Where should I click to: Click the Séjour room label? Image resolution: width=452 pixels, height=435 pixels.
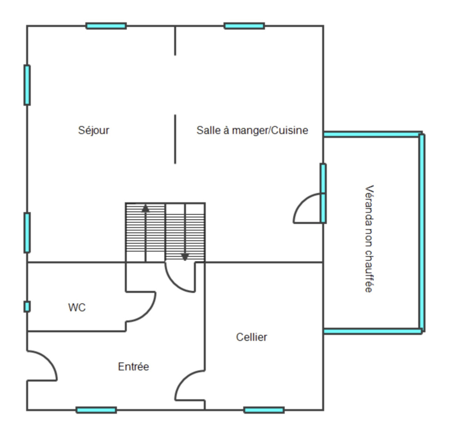pyautogui.click(x=94, y=130)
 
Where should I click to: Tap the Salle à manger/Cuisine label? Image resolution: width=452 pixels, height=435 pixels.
pyautogui.click(x=252, y=130)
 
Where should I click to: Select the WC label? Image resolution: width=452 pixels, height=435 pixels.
pyautogui.click(x=77, y=308)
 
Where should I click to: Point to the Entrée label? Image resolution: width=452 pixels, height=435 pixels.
pyautogui.click(x=133, y=366)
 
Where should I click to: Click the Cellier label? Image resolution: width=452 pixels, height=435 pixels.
pyautogui.click(x=251, y=337)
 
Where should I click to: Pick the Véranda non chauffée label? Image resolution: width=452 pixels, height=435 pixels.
pyautogui.click(x=369, y=239)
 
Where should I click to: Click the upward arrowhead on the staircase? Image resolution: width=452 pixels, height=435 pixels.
pyautogui.click(x=145, y=208)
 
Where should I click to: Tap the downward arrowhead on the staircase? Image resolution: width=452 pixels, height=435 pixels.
pyautogui.click(x=185, y=257)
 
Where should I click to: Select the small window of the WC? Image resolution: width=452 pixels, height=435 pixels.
pyautogui.click(x=27, y=306)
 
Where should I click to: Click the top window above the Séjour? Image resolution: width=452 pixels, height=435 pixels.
pyautogui.click(x=106, y=26)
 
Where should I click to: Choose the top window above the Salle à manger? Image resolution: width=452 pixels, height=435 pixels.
pyautogui.click(x=244, y=26)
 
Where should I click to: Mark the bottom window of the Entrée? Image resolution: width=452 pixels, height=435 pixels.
pyautogui.click(x=96, y=410)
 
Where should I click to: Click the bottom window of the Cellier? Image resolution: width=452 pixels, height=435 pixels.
pyautogui.click(x=264, y=410)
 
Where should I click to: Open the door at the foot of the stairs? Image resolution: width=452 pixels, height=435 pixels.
pyautogui.click(x=173, y=284)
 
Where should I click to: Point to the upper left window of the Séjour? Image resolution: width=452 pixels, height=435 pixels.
pyautogui.click(x=27, y=85)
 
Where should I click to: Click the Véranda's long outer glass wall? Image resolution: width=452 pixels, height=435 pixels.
pyautogui.click(x=422, y=232)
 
